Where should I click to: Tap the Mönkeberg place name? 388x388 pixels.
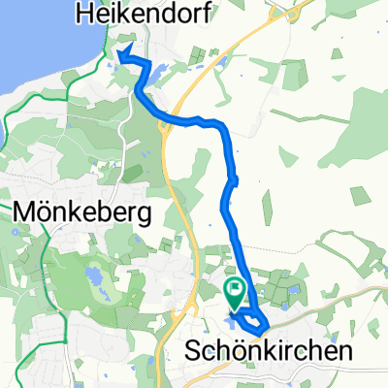(x=84, y=212)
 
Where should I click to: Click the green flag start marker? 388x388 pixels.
(x=235, y=290)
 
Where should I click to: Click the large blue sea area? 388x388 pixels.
(x=29, y=39)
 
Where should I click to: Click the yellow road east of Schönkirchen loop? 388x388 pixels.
(x=330, y=302)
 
